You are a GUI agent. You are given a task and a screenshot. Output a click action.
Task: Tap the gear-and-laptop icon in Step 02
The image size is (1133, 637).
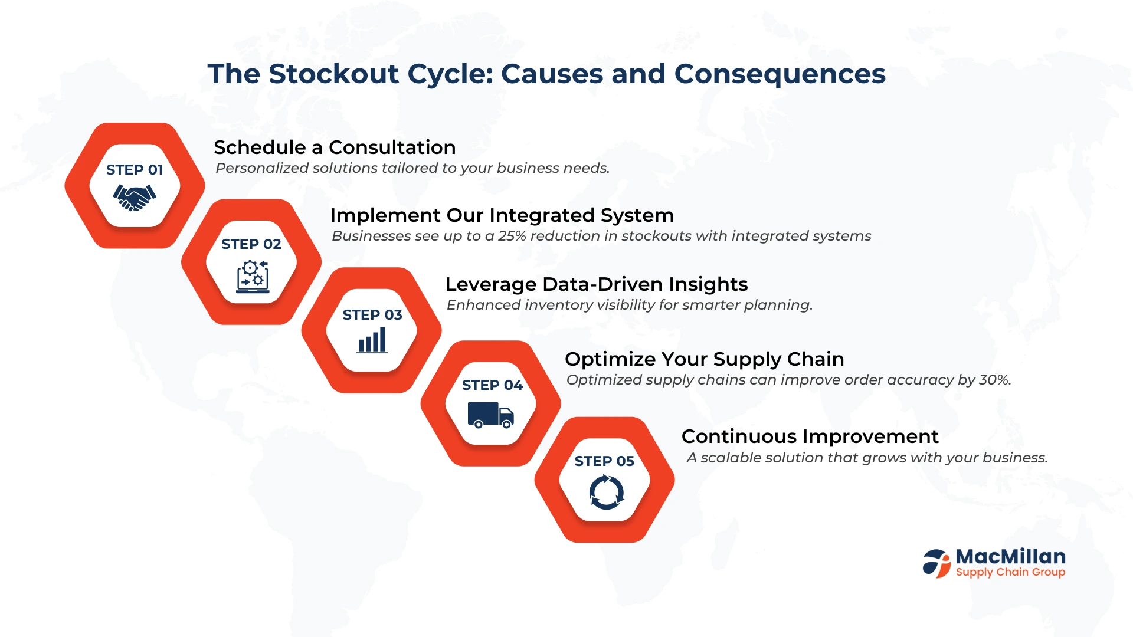253,277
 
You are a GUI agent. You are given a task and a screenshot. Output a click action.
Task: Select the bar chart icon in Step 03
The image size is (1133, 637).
372,340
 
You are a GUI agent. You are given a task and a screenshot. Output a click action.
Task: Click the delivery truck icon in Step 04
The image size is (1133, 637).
490,415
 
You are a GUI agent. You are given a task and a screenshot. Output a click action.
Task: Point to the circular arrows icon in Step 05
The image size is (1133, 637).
606,492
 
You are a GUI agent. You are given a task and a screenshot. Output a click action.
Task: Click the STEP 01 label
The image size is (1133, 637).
135,170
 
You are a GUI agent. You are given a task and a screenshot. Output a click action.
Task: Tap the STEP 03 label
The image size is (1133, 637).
372,315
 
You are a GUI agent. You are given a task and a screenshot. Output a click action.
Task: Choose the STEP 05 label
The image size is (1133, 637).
604,461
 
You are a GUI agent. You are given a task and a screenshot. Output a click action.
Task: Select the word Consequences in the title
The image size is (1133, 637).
780,74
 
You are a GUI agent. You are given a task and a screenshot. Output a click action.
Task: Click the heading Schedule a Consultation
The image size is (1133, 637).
335,147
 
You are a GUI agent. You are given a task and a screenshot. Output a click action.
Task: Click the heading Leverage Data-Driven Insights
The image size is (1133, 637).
597,284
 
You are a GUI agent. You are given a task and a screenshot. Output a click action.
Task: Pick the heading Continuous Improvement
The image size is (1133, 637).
810,436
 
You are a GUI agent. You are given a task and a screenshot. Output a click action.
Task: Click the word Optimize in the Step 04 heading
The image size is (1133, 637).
611,359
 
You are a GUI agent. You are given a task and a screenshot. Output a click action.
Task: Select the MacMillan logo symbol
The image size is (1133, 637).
936,563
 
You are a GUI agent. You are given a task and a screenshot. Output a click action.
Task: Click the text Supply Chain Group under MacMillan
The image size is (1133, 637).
1010,572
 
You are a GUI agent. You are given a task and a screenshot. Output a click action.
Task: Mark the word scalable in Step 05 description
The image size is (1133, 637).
727,458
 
